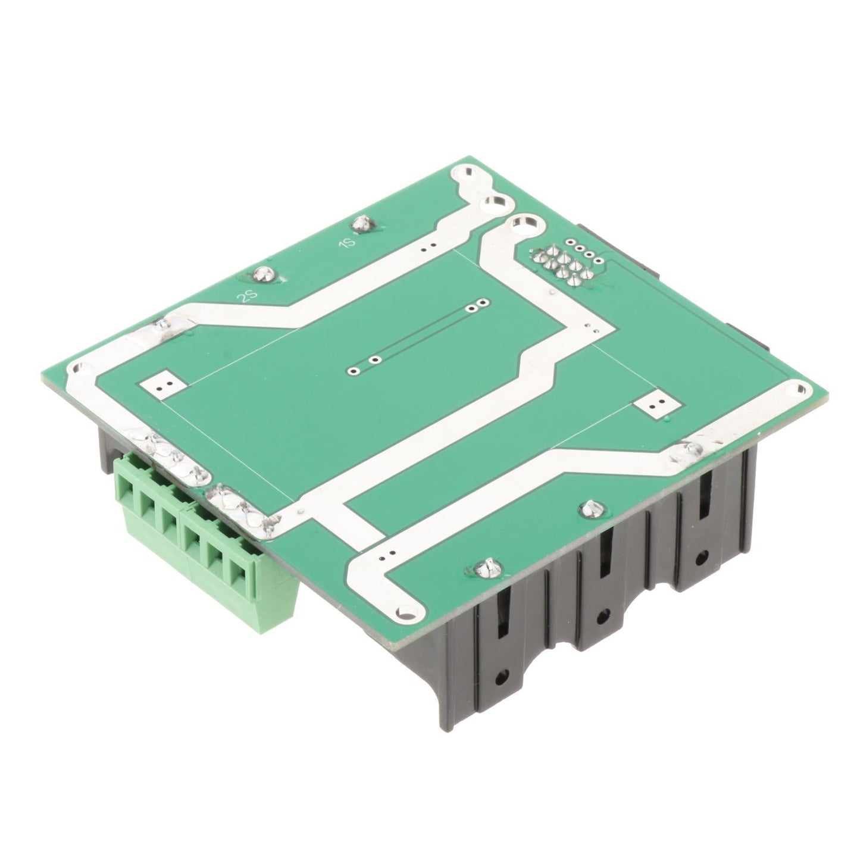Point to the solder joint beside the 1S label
click(361, 224)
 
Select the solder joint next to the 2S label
click(262, 274)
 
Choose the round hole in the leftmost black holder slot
click(504, 676)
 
